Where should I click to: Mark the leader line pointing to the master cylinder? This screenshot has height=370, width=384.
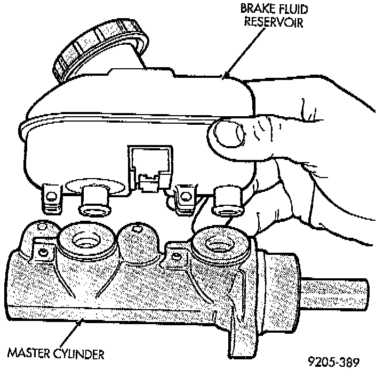69,334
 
